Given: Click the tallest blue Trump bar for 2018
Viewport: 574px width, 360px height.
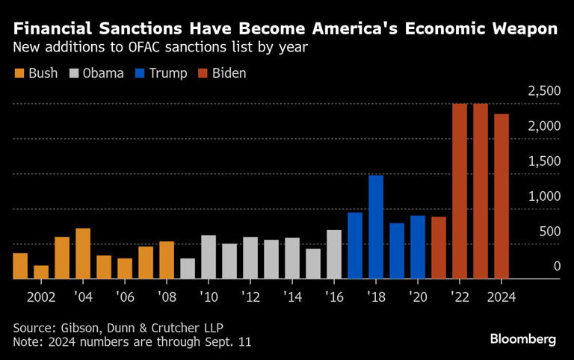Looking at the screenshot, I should tap(376, 227).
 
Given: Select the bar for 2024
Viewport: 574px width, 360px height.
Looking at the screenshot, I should tap(502, 196).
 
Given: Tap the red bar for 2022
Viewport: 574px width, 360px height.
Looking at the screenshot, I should tap(460, 191).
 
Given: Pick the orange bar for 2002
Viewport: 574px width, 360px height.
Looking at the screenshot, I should tap(41, 272).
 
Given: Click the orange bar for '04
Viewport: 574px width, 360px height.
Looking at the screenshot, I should tap(83, 253).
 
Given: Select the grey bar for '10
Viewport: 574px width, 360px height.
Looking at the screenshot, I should tap(209, 257).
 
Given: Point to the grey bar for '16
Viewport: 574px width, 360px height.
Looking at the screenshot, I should tap(334, 254).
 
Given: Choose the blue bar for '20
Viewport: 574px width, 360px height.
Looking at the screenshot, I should tap(418, 247).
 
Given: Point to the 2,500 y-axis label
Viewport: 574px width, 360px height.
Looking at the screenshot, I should tap(543, 91).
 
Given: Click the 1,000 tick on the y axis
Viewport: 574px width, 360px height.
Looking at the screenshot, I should tap(543, 196).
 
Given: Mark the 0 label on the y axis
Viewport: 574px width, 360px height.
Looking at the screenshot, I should tap(556, 266).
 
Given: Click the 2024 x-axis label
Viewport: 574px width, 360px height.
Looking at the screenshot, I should tap(502, 297).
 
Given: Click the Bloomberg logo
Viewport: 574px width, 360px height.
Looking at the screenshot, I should tap(523, 339).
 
